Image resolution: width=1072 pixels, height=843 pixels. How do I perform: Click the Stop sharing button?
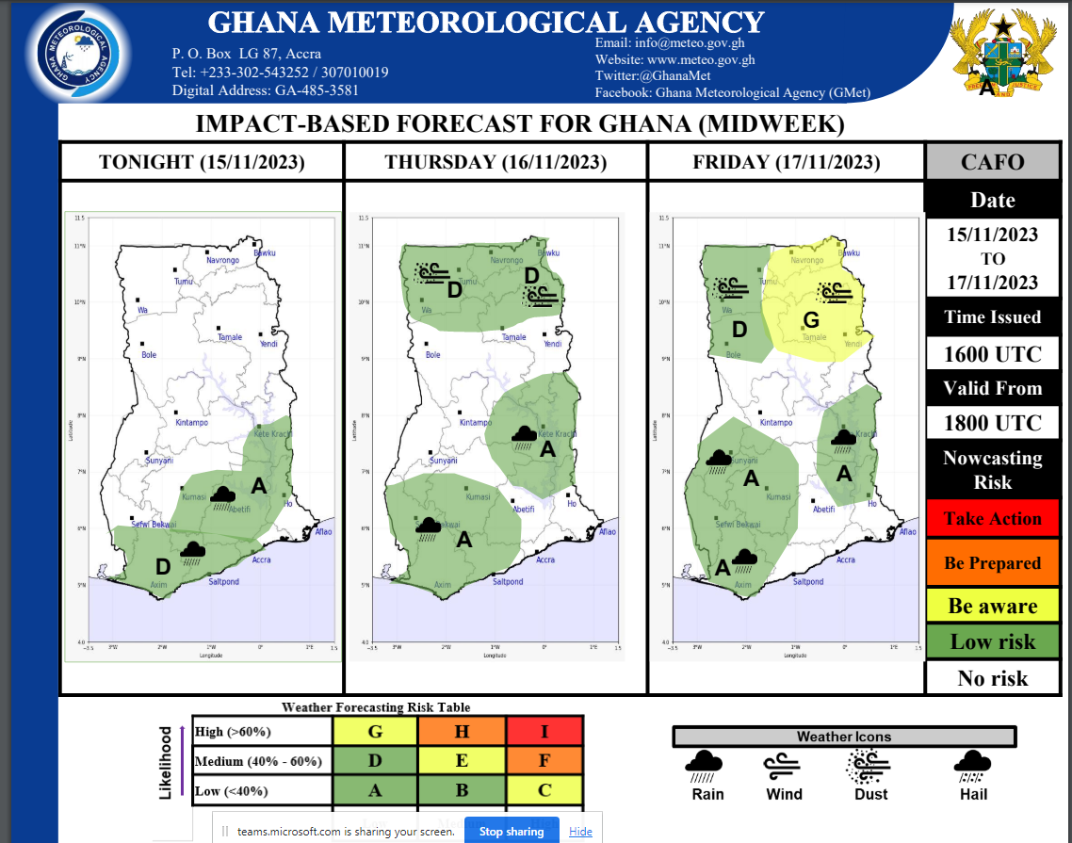pos(512,831)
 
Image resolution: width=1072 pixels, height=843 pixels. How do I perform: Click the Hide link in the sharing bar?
pos(581,831)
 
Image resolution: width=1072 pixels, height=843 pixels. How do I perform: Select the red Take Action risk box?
pos(992,519)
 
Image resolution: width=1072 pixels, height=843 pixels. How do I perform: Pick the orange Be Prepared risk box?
pos(992,563)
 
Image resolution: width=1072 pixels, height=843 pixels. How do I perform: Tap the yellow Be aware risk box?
pos(992,607)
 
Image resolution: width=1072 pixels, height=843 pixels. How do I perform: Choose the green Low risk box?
pos(992,642)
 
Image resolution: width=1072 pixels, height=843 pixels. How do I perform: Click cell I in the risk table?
pos(544,731)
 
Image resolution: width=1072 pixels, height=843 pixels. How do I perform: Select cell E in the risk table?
pos(462,761)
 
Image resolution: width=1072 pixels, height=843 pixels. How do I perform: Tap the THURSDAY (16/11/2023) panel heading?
pos(495,162)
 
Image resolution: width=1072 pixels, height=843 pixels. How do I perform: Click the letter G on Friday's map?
pos(810,320)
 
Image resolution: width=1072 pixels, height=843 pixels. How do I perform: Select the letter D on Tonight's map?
pos(162,566)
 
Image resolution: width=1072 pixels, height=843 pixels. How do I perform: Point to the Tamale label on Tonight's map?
pos(230,337)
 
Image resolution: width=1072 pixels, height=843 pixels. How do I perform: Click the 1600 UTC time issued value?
pos(992,354)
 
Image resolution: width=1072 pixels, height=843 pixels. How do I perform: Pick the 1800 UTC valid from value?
pos(992,424)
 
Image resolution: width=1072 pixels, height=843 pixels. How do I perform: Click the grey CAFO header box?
pos(992,162)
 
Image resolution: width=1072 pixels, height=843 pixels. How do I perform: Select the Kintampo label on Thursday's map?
pos(476,423)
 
